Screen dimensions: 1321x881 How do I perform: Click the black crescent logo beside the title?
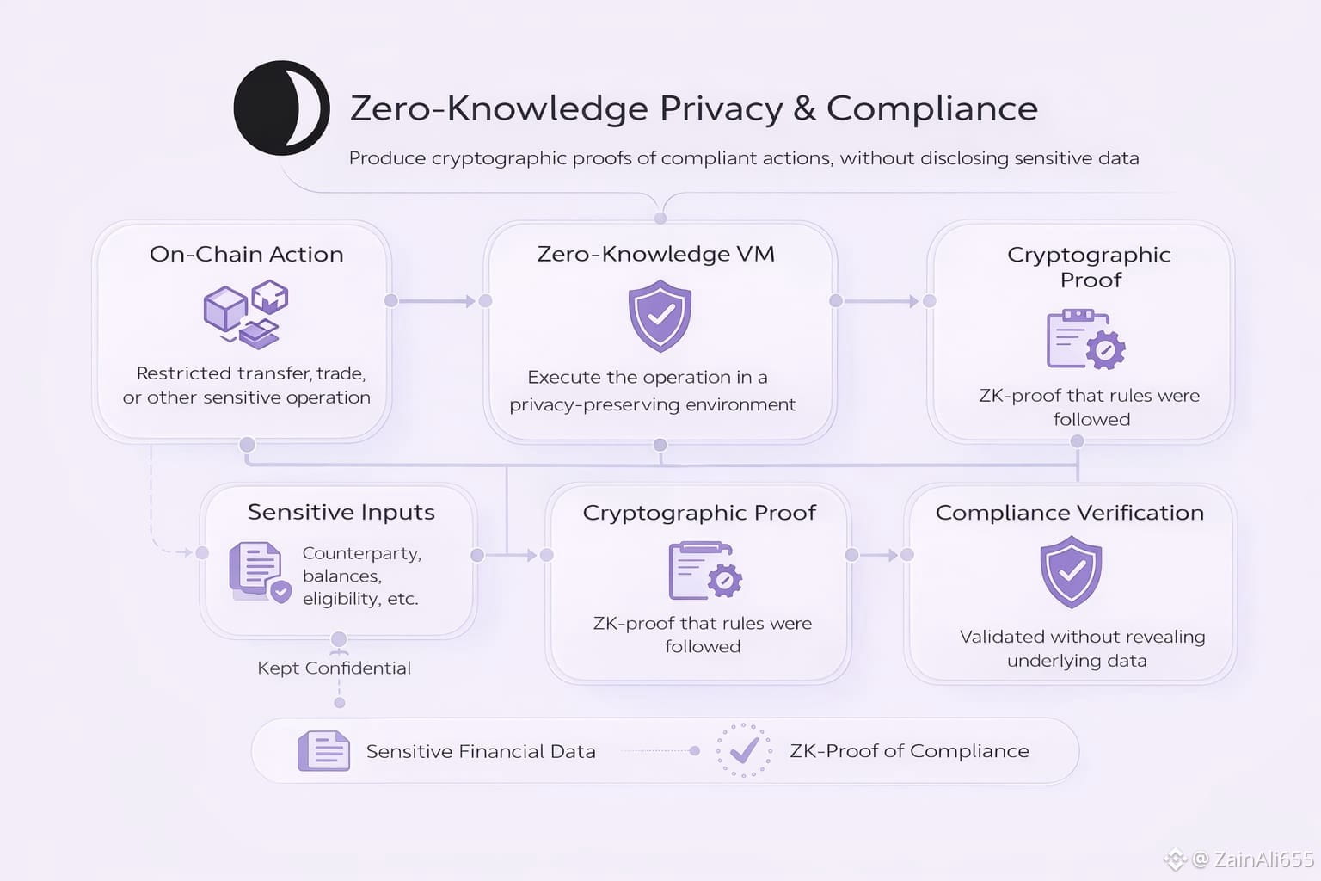click(x=281, y=108)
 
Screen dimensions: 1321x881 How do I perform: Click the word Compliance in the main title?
click(x=931, y=108)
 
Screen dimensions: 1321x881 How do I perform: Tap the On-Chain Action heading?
click(x=246, y=254)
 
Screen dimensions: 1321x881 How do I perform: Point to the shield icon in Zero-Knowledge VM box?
click(x=660, y=315)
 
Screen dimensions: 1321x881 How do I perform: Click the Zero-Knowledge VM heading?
click(x=655, y=254)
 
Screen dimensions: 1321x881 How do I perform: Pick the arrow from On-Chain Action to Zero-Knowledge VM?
click(x=437, y=301)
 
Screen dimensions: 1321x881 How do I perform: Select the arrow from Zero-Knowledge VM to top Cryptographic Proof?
click(x=882, y=301)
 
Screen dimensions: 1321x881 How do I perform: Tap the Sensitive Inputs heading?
click(x=341, y=512)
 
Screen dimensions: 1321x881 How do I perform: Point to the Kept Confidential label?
click(x=334, y=668)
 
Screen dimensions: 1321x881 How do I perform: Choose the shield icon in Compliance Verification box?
click(x=1071, y=571)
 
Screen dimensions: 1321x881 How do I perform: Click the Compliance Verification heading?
click(x=1069, y=513)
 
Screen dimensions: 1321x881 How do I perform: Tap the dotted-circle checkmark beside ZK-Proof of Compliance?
click(x=744, y=750)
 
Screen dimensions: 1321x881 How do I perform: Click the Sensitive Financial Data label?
click(x=481, y=751)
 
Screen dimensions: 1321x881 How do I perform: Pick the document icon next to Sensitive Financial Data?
click(x=323, y=750)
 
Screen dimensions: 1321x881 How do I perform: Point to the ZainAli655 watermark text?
click(x=1263, y=859)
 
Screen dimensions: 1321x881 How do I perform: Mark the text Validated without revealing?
click(x=1082, y=637)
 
